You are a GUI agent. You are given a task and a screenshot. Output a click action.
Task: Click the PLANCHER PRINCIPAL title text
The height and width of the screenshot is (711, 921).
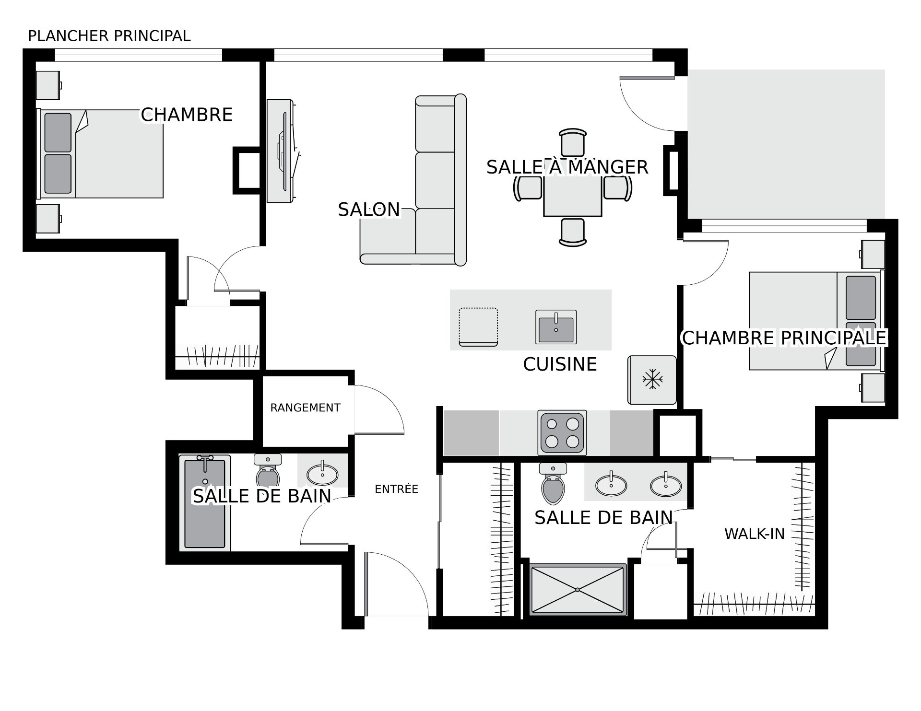pyautogui.click(x=109, y=36)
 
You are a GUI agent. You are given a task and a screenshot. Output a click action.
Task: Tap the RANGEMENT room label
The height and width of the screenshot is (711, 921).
pyautogui.click(x=305, y=408)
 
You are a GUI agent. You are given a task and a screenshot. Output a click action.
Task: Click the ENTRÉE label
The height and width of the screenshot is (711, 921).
pyautogui.click(x=396, y=489)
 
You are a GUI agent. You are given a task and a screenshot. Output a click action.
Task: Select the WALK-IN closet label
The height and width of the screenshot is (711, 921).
pyautogui.click(x=754, y=534)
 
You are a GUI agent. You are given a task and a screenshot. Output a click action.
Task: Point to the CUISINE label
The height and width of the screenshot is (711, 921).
pyautogui.click(x=560, y=364)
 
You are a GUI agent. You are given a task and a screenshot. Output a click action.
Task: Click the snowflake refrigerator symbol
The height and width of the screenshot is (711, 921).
pyautogui.click(x=652, y=380)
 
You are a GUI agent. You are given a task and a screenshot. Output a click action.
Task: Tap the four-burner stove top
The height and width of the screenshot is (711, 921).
pyautogui.click(x=562, y=432)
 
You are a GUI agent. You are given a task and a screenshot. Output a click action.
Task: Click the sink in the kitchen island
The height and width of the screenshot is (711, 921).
pyautogui.click(x=556, y=327)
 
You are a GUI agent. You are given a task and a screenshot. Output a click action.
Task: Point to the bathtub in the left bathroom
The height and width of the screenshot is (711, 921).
pyautogui.click(x=205, y=502)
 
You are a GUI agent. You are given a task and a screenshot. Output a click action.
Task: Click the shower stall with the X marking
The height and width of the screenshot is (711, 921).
pyautogui.click(x=578, y=589)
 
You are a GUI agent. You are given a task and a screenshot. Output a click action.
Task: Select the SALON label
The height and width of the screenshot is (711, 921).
pyautogui.click(x=368, y=210)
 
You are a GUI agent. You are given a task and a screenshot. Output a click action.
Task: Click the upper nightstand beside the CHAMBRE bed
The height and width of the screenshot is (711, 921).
pyautogui.click(x=48, y=85)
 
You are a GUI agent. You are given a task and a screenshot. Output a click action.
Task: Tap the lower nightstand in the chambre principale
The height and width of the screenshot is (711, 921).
pyautogui.click(x=873, y=387)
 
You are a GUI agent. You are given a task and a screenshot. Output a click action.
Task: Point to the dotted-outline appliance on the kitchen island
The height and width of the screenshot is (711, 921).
pyautogui.click(x=478, y=327)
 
